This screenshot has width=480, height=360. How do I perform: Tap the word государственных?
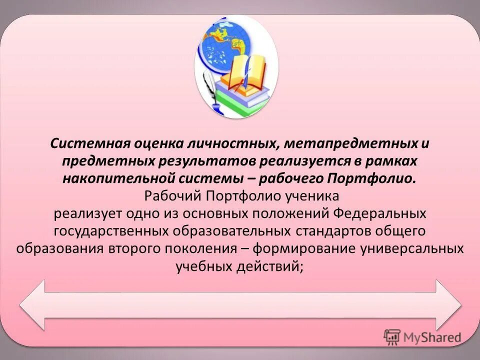tap(111, 231)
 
